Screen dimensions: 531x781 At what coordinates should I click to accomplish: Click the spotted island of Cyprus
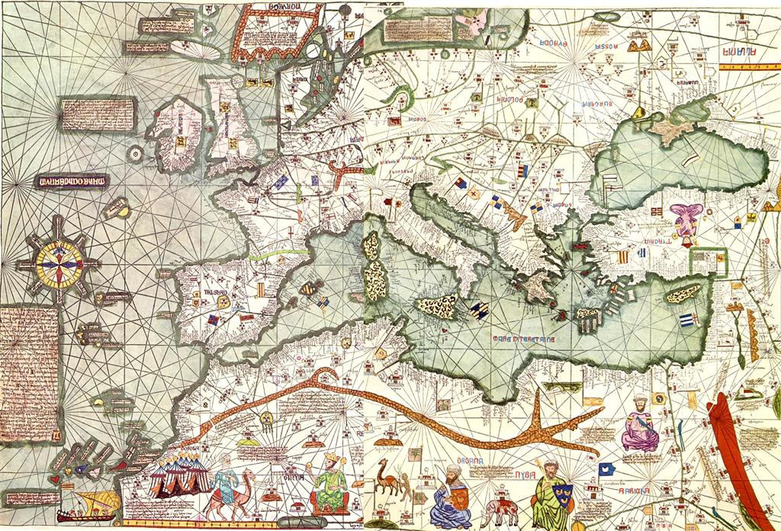click(685, 293)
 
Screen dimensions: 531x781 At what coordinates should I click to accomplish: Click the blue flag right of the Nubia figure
click(608, 468)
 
